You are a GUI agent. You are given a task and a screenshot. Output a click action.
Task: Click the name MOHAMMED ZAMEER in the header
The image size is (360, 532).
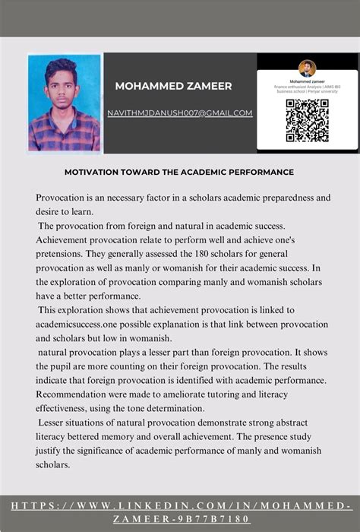click(x=173, y=87)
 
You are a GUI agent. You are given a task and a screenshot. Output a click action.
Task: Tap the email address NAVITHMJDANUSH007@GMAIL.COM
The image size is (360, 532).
click(x=179, y=113)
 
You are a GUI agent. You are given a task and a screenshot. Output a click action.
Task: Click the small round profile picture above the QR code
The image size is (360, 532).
click(x=307, y=68)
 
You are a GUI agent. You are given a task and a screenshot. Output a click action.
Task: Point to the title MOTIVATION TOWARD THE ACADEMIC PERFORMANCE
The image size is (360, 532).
click(x=178, y=173)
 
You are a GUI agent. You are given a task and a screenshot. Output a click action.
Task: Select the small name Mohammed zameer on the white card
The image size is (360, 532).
click(x=307, y=81)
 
